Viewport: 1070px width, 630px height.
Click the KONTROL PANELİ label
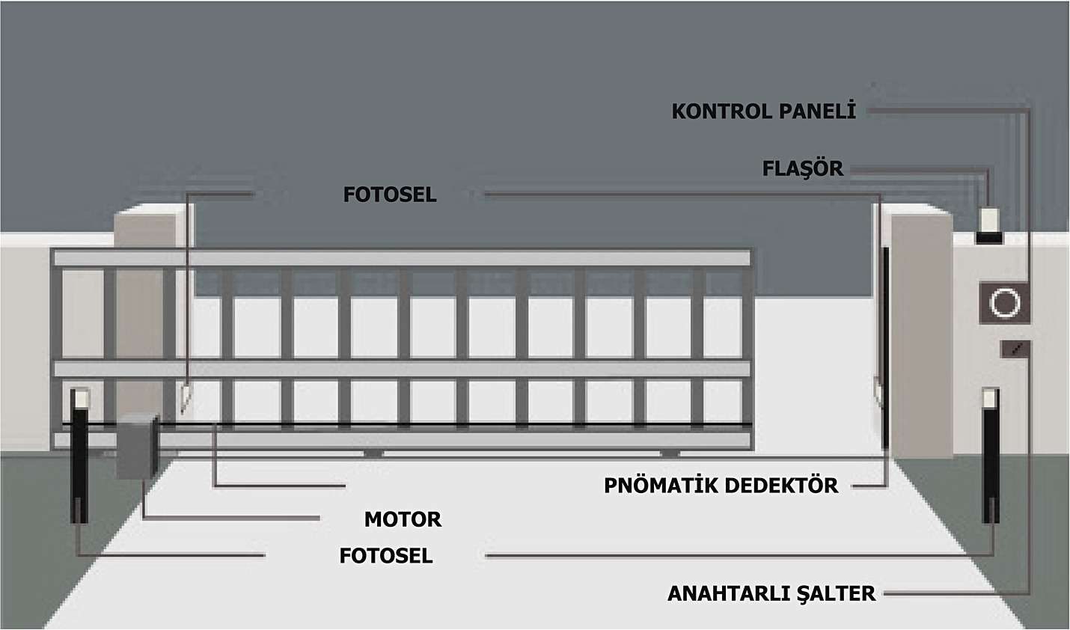(764, 111)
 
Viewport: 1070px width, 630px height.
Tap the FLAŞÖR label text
(803, 168)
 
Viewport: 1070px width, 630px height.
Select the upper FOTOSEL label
(390, 195)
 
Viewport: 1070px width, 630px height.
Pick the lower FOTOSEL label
(386, 556)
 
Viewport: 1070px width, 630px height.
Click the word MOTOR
(403, 520)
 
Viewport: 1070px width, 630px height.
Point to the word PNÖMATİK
(661, 486)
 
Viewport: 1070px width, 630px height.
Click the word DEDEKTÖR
(781, 486)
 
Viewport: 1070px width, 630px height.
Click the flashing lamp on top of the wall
(988, 225)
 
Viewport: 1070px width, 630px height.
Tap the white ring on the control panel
(1005, 303)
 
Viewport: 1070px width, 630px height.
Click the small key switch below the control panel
(1015, 349)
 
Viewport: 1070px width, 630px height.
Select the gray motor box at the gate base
(138, 447)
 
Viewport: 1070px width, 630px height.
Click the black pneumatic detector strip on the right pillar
(886, 348)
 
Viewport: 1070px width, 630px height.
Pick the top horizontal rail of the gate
(401, 258)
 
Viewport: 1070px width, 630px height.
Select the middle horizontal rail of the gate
(401, 369)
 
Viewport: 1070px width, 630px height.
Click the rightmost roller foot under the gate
(670, 453)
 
